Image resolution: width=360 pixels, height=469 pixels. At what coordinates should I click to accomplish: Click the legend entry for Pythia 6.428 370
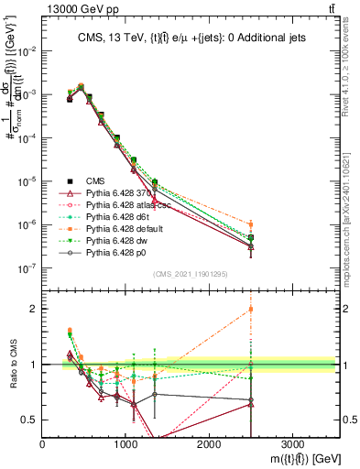point(102,193)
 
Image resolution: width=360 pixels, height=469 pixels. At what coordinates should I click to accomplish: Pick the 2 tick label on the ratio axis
point(35,309)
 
